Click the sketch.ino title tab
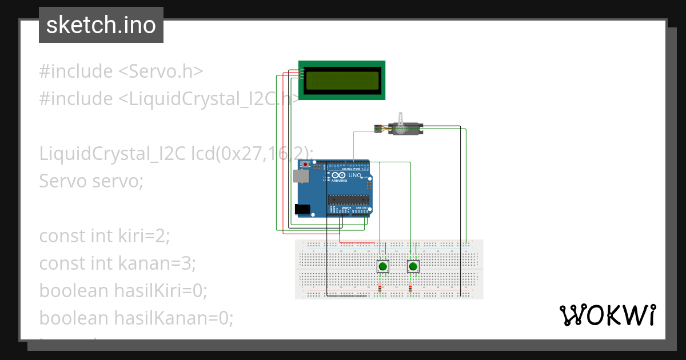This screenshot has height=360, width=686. click(101, 25)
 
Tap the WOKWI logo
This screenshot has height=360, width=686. click(607, 315)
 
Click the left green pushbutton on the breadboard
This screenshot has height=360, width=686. click(383, 266)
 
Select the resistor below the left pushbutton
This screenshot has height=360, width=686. click(380, 287)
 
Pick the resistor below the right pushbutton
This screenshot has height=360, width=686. click(410, 287)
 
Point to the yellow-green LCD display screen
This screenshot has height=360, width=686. click(342, 80)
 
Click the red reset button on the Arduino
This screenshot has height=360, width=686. click(306, 165)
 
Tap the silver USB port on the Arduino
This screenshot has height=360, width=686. click(299, 176)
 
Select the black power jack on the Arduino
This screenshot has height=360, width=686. click(303, 210)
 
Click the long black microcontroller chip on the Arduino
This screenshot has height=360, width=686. click(348, 199)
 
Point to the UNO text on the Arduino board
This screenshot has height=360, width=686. click(354, 175)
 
